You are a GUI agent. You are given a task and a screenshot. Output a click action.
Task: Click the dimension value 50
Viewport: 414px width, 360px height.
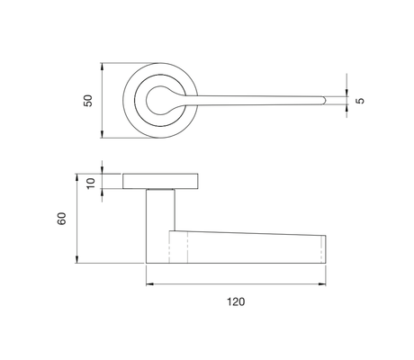pyautogui.click(x=88, y=101)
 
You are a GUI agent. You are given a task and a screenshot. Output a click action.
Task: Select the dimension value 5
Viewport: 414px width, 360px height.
pyautogui.click(x=360, y=101)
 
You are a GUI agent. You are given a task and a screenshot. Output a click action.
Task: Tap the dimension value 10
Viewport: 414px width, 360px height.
pyautogui.click(x=91, y=184)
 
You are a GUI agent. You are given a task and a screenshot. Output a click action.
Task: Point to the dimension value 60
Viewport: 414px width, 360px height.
pyautogui.click(x=62, y=219)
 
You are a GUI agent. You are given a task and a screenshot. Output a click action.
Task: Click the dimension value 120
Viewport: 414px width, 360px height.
pyautogui.click(x=236, y=301)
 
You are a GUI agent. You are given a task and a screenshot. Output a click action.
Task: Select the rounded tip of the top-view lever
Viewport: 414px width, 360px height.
pyautogui.click(x=323, y=101)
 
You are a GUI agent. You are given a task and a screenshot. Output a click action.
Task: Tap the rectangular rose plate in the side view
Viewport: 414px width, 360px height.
pyautogui.click(x=160, y=181)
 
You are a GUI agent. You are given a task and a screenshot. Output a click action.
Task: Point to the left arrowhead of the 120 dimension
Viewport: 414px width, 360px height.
pyautogui.click(x=149, y=283)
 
